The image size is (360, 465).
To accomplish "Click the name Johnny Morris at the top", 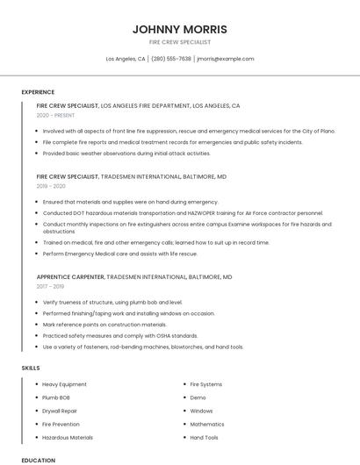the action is tap(179, 29).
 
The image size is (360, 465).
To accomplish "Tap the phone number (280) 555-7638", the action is tap(171, 59).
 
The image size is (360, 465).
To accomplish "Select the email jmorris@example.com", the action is tap(226, 59).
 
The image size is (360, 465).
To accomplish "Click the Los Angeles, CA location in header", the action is tap(126, 59).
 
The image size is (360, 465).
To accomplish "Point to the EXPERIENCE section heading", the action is tap(38, 91).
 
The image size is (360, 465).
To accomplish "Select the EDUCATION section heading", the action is tap(38, 459).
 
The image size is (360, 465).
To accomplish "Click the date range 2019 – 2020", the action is tap(51, 186).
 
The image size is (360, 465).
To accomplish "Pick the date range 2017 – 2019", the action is tap(51, 286).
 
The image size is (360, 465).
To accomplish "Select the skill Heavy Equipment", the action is tap(64, 384).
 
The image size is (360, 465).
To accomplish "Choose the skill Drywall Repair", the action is tap(60, 411).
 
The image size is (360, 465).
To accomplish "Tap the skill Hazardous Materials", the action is tap(68, 437).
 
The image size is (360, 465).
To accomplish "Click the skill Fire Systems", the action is tap(206, 384).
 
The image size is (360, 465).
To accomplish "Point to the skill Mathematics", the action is tap(207, 424).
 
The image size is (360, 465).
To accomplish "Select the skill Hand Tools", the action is tap(205, 437).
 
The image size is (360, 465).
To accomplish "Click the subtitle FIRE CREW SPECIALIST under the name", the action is tap(179, 42).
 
